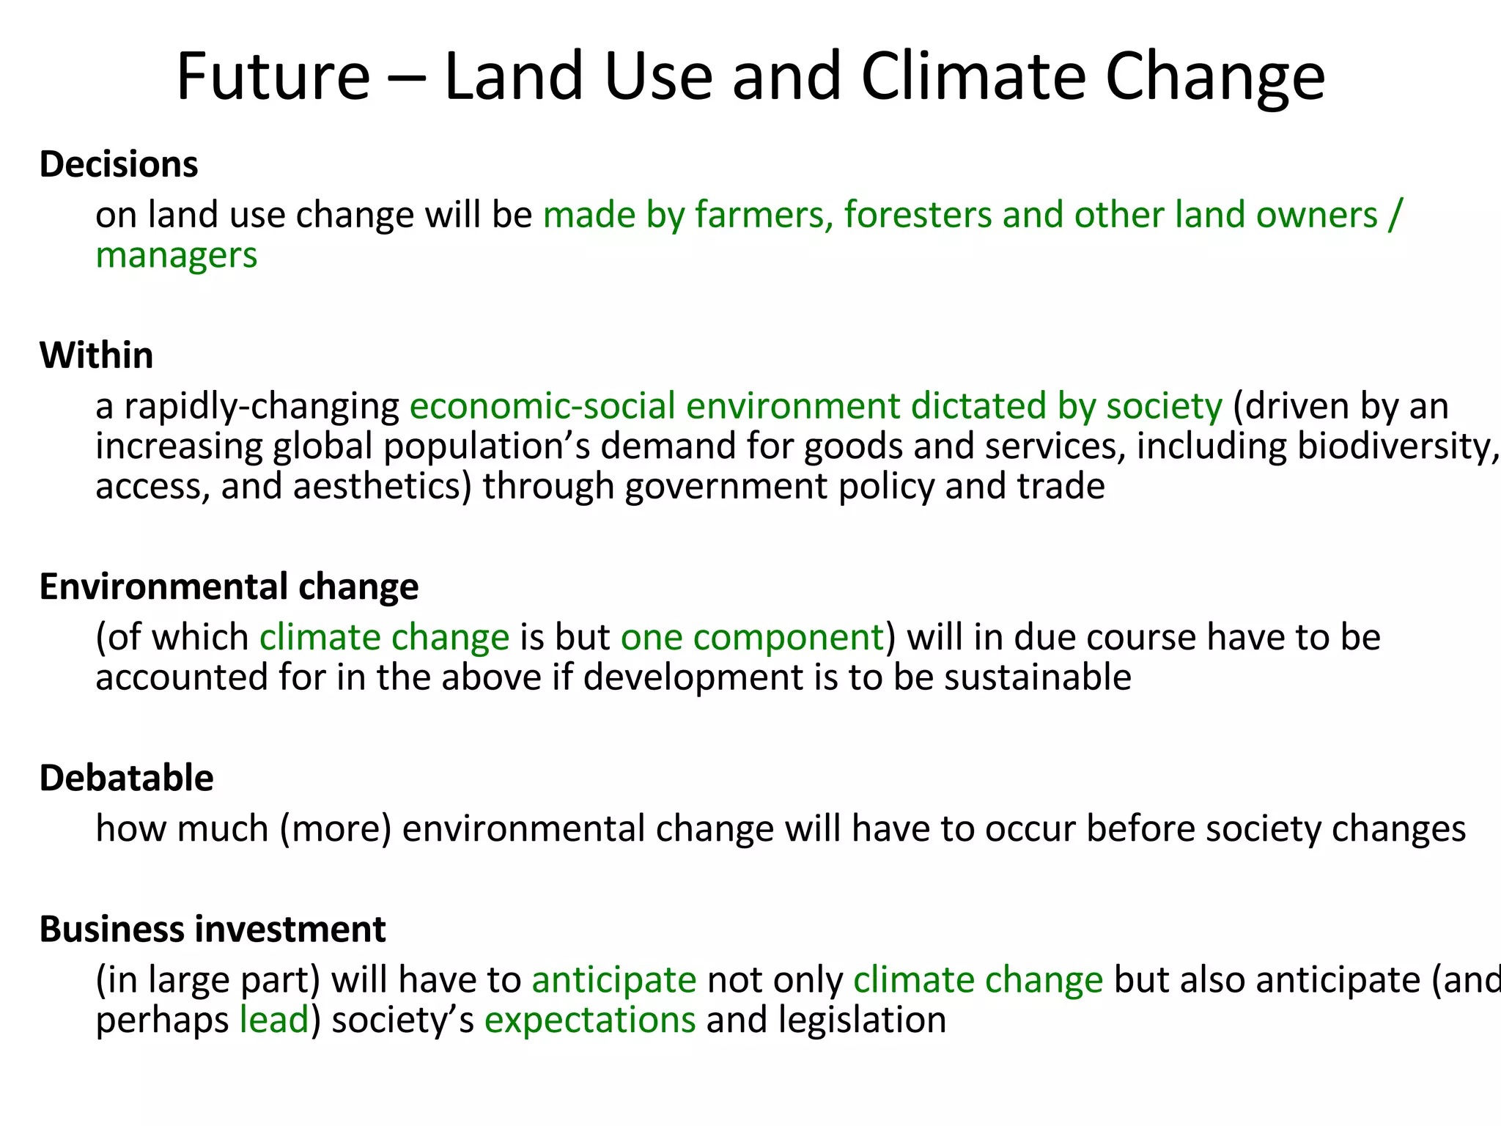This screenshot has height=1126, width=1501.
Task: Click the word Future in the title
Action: tap(273, 76)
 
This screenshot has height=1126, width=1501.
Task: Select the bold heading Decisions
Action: tap(118, 164)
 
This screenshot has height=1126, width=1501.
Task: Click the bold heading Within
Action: tap(96, 356)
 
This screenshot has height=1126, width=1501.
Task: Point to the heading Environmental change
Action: tap(229, 587)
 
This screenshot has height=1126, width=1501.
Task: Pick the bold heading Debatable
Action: tap(126, 778)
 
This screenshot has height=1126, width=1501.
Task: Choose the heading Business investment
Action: tap(212, 930)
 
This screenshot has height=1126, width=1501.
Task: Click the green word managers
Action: tap(176, 256)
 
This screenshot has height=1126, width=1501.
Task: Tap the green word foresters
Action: tap(917, 216)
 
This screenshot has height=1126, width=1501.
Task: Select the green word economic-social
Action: tap(542, 407)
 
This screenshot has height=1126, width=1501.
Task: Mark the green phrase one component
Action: tap(752, 638)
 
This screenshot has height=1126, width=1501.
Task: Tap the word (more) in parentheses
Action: tap(336, 829)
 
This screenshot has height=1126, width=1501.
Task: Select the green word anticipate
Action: tap(613, 981)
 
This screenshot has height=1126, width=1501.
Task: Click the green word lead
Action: tap(274, 1020)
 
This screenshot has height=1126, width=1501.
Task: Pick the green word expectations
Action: tap(589, 1020)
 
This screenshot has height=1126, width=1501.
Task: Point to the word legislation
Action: tap(862, 1020)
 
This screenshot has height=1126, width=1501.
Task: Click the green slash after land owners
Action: tap(1394, 216)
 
